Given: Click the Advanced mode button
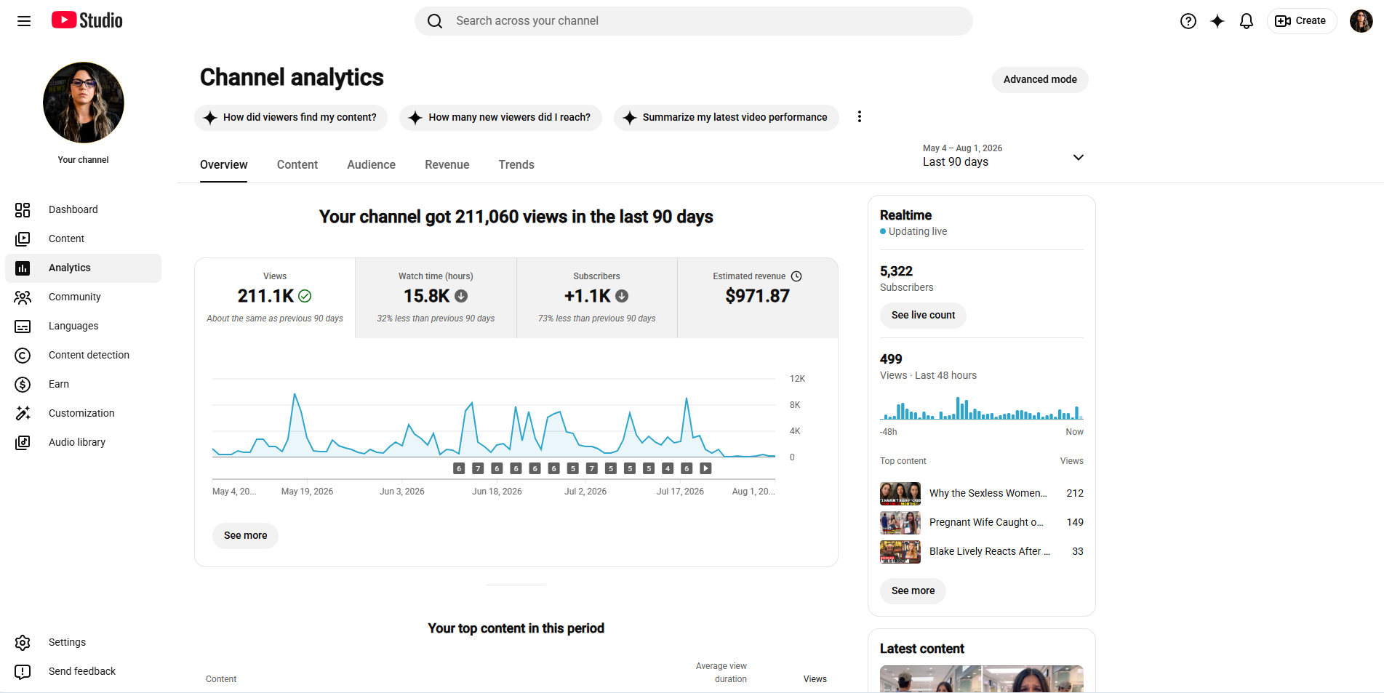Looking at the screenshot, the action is (1040, 79).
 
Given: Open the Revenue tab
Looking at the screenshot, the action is (447, 164).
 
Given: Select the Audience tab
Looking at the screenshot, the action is (371, 164).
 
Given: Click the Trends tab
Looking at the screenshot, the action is (516, 164).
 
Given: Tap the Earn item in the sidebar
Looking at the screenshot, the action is (59, 384).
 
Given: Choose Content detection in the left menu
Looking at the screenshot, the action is (89, 355).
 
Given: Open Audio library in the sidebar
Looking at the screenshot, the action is (77, 442).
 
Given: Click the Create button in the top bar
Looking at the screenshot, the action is (1302, 21).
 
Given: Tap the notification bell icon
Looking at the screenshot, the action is (1247, 21).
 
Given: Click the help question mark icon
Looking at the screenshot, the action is (1188, 21).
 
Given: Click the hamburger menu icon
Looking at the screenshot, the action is (24, 21).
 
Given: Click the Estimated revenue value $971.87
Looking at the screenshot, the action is (757, 296).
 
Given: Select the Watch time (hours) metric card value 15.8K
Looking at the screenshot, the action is (427, 296).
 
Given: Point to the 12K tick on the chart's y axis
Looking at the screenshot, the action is (797, 379).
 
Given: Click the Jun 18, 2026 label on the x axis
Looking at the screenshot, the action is (497, 492).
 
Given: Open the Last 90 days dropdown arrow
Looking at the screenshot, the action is (1079, 157).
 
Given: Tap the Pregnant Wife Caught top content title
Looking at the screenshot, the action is (986, 522).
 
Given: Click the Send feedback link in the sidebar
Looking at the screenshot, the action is (82, 671).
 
